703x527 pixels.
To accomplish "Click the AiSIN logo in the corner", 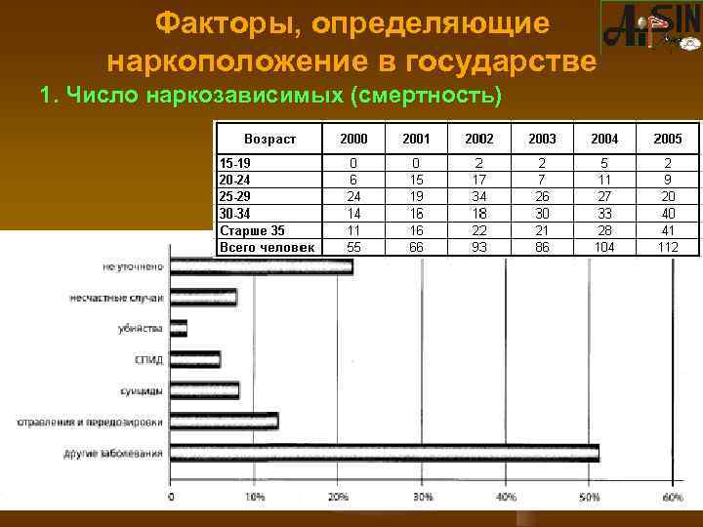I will point(650,28).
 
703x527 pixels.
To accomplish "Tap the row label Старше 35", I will point(252,231).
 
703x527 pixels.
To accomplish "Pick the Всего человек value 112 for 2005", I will point(669,247).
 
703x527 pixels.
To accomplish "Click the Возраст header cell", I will point(269,140).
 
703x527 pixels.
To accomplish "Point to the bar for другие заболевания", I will point(385,452).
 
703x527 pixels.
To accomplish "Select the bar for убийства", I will point(179,328).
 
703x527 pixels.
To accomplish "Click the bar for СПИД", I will point(195,359).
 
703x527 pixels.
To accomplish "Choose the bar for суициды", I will point(204,390).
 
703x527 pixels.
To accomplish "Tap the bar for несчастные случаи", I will point(203,298).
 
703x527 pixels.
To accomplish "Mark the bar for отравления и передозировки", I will point(224,422).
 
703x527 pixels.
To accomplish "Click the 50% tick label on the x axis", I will point(589,499).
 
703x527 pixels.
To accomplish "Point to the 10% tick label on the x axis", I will point(254,499).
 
